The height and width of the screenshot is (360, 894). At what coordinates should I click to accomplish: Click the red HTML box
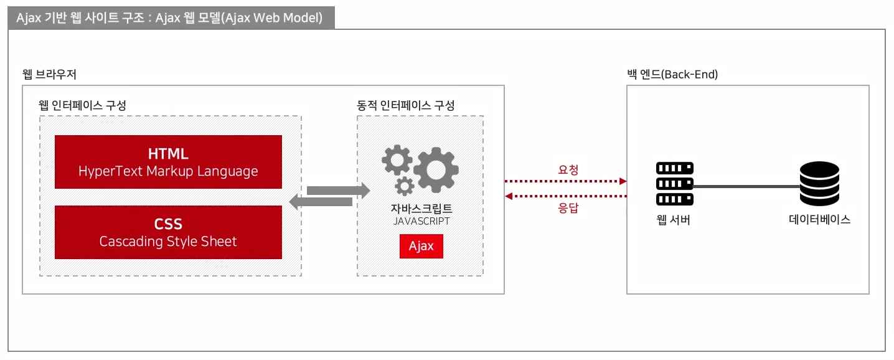(x=168, y=162)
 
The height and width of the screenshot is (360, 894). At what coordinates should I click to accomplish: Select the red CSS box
(x=168, y=232)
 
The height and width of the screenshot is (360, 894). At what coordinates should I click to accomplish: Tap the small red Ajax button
(x=421, y=246)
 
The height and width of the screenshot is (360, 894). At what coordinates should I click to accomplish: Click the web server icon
(x=675, y=184)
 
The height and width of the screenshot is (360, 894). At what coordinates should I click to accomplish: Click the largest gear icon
(x=436, y=169)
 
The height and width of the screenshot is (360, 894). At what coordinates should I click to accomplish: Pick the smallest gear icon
(x=405, y=185)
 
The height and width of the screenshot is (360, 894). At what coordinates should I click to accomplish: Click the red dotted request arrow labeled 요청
(x=565, y=181)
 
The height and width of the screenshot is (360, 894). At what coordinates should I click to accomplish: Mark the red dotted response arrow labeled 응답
(x=565, y=197)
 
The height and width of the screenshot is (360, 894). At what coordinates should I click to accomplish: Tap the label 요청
(x=568, y=169)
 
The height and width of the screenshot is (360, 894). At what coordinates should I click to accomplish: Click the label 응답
(x=568, y=209)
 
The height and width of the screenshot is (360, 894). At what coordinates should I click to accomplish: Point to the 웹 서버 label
(x=673, y=220)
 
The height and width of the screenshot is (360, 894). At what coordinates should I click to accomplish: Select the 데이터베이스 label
(x=819, y=220)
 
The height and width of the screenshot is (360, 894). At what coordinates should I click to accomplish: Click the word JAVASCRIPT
(x=421, y=221)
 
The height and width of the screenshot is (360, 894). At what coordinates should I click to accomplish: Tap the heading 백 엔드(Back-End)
(x=672, y=75)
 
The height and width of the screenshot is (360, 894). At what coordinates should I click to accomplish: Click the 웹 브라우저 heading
(x=49, y=75)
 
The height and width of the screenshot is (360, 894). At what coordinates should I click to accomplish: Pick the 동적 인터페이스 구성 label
(x=405, y=105)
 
